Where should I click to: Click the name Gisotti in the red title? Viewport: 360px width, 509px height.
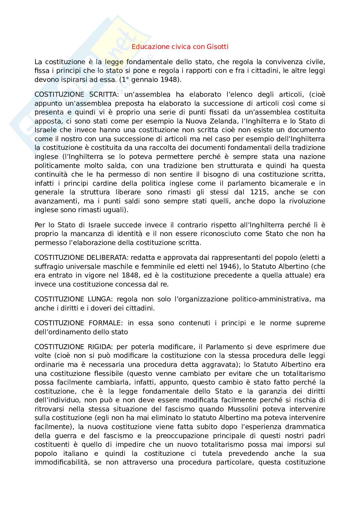coord(217,47)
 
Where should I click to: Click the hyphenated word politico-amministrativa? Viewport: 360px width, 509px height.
coord(271,299)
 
